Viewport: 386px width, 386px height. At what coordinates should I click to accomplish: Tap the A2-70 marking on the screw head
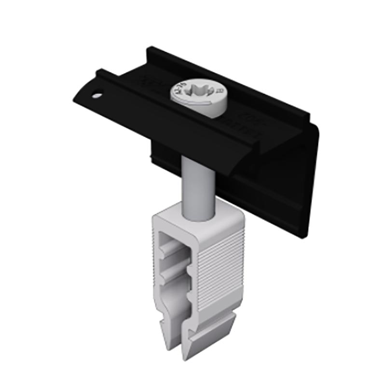click(181, 90)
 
